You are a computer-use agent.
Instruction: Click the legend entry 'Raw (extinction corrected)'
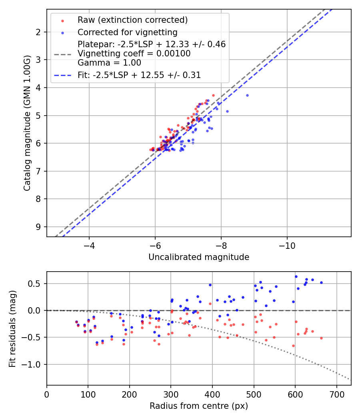point(132,20)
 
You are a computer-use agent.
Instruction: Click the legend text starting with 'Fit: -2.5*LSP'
point(139,75)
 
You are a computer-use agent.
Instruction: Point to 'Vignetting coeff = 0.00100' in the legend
point(134,53)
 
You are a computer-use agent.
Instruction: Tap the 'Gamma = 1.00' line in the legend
point(109,62)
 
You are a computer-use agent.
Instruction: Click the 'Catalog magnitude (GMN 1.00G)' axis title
point(27,123)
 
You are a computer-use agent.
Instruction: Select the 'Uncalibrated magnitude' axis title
point(199,257)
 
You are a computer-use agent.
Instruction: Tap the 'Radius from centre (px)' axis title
point(199,406)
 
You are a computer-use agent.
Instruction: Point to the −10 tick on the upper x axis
point(287,245)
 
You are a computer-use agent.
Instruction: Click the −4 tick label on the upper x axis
point(89,245)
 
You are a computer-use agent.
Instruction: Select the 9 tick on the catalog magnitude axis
point(38,227)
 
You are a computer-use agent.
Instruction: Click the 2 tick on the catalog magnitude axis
point(38,32)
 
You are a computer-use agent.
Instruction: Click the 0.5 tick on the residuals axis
point(36,284)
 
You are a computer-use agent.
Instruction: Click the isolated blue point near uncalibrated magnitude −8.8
point(247,95)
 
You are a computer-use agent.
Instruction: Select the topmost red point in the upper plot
point(213,95)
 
